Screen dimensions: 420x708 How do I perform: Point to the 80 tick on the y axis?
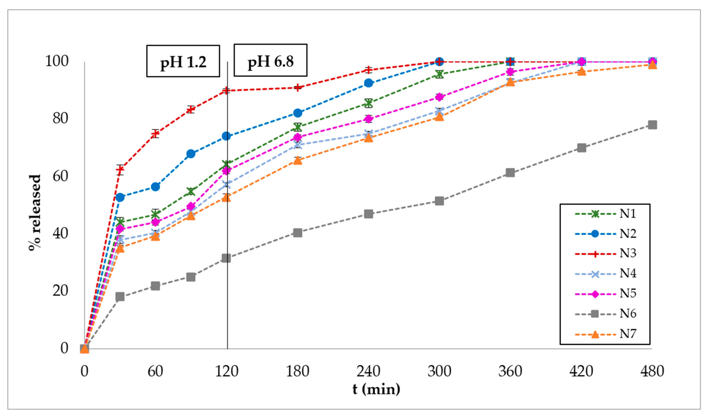point(60,118)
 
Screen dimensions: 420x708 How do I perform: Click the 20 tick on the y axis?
point(60,291)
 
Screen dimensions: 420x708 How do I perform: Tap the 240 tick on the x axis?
point(368,371)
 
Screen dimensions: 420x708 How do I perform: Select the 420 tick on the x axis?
point(581,371)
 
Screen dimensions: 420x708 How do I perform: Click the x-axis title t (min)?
point(376,389)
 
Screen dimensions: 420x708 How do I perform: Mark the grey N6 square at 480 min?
point(652,125)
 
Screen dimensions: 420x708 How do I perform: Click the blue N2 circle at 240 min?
point(368,83)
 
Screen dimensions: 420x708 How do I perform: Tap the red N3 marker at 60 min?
point(155,133)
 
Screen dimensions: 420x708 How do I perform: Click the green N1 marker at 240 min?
point(368,103)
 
